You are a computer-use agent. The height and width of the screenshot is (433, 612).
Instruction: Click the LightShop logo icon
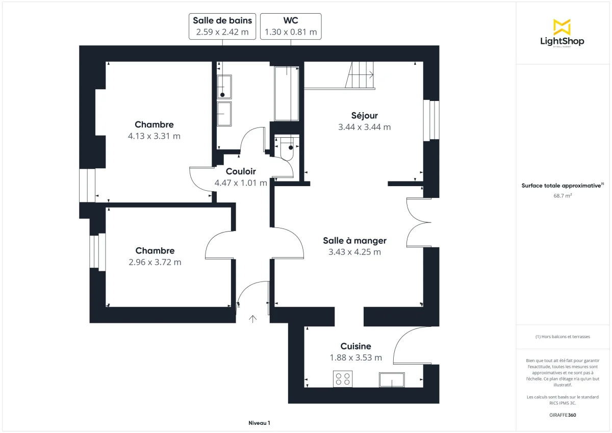[562, 27]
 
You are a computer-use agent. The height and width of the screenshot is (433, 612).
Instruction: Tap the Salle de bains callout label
[222, 26]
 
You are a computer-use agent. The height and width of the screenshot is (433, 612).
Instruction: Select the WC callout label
[291, 26]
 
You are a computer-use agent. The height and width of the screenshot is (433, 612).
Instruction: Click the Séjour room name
[364, 115]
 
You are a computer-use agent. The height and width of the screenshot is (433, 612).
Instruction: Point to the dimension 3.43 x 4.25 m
[354, 252]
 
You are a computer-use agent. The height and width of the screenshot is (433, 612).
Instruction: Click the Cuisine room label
[355, 346]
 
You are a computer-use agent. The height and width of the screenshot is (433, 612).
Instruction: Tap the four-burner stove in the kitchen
[342, 378]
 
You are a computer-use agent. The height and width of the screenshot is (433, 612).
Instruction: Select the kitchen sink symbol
[391, 379]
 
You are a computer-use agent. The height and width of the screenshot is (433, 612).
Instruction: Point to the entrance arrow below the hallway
[252, 319]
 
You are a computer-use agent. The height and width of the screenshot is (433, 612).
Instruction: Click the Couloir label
[241, 171]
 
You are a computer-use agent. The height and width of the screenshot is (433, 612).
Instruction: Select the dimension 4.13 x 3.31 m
[154, 136]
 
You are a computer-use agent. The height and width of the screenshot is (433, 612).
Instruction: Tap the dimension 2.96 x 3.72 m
[155, 262]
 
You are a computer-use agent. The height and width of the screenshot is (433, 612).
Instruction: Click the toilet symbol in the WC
[288, 148]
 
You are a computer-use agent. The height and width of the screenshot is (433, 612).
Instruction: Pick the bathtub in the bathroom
[286, 93]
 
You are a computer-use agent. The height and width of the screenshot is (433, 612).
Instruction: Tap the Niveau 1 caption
[259, 423]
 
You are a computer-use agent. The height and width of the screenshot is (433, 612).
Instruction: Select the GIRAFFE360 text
[562, 415]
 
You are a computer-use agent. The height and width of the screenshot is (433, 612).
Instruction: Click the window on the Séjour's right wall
[431, 120]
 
